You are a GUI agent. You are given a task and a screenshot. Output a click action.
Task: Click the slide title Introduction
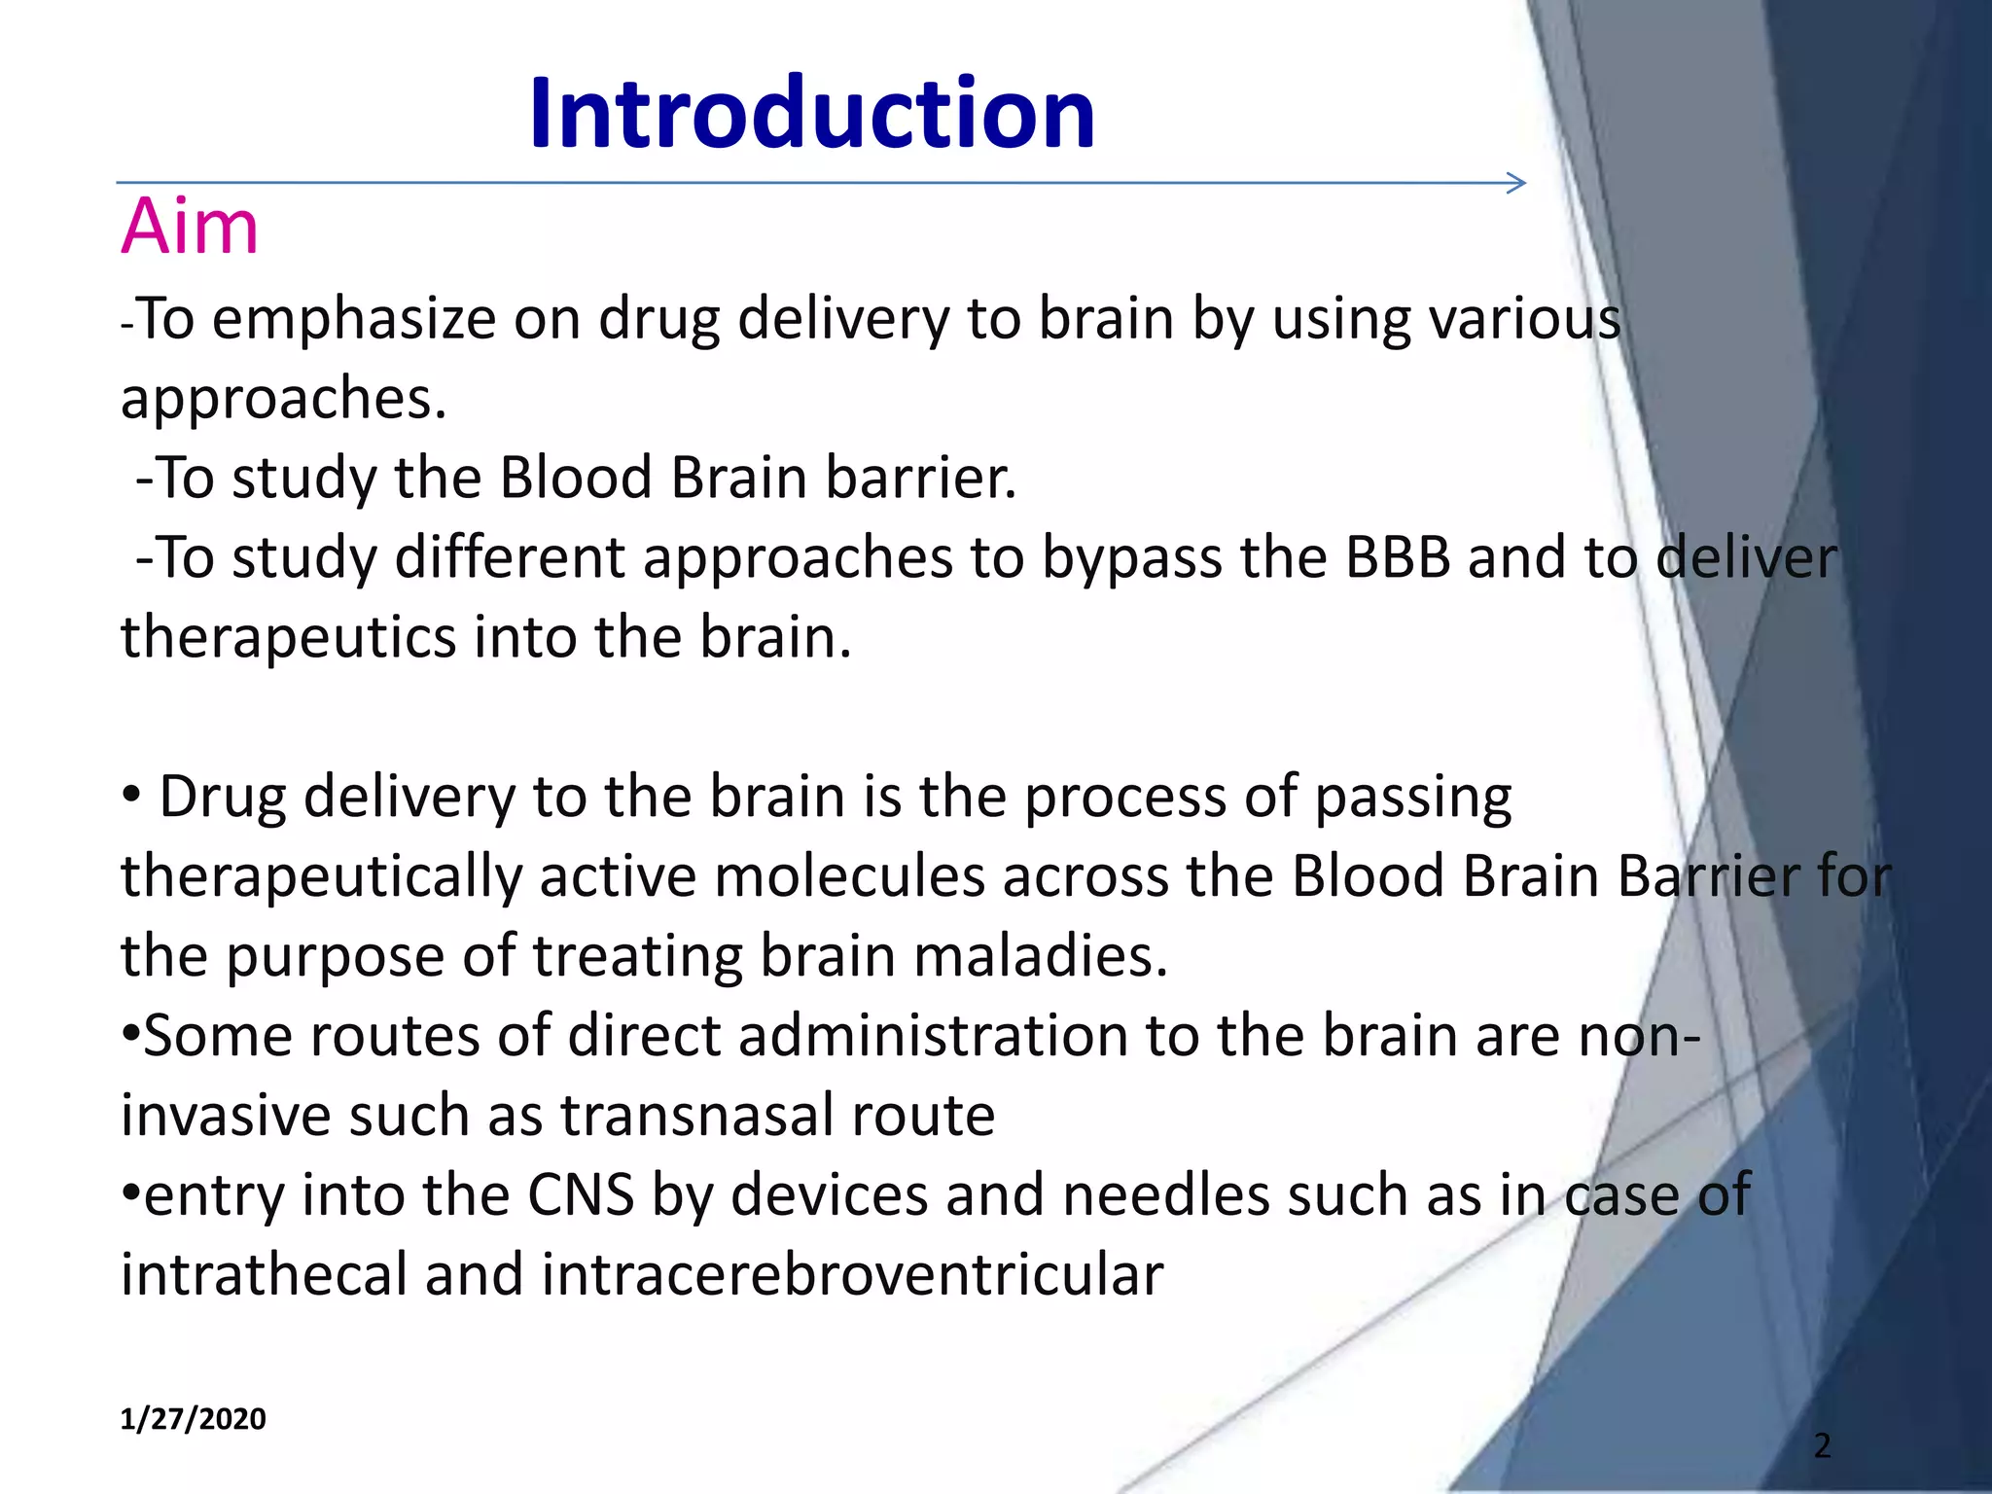(812, 115)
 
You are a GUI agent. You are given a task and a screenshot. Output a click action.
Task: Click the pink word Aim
(190, 228)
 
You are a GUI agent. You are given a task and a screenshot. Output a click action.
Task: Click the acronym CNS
(581, 1195)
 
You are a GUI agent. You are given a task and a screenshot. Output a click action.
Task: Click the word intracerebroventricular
(852, 1275)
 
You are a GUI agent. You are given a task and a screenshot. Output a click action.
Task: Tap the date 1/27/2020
(193, 1419)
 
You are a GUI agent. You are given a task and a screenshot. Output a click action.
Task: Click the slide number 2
(1822, 1445)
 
